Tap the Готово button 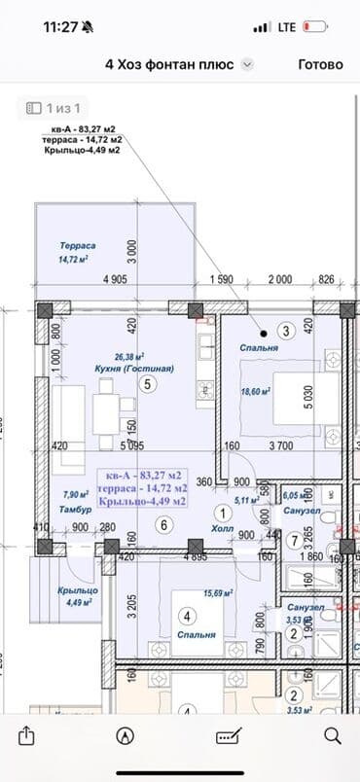click(320, 64)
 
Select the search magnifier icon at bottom click(332, 734)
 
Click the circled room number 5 click(147, 383)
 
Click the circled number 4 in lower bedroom click(188, 615)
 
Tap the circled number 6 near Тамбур click(162, 525)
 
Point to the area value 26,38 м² click(129, 356)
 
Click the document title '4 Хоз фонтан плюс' click(169, 64)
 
